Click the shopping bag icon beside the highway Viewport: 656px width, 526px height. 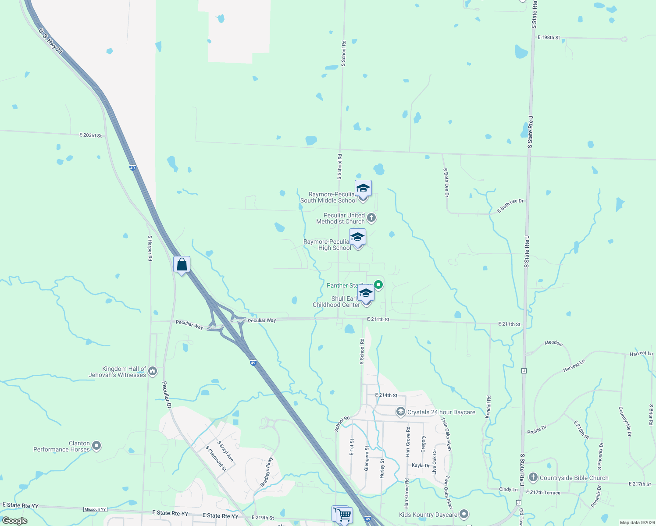pyautogui.click(x=182, y=265)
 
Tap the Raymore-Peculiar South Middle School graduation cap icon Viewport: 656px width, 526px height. pyautogui.click(x=363, y=189)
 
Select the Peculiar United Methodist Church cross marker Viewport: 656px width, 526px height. pyautogui.click(x=371, y=218)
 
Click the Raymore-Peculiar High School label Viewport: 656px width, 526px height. pyautogui.click(x=328, y=245)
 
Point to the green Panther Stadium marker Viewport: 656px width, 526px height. pyautogui.click(x=378, y=285)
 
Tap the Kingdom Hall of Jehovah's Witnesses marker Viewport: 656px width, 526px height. pyautogui.click(x=153, y=371)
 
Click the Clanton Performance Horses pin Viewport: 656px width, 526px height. pyautogui.click(x=97, y=446)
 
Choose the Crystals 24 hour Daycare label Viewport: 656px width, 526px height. pyautogui.click(x=441, y=412)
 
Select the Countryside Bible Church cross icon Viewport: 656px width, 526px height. pyautogui.click(x=533, y=477)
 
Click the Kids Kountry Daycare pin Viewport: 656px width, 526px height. pyautogui.click(x=464, y=514)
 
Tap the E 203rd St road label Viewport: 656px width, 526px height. pyautogui.click(x=90, y=135)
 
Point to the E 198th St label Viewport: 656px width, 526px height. pyautogui.click(x=549, y=38)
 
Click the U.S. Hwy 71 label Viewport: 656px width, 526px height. pyautogui.click(x=50, y=42)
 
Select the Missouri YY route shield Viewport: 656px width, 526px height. pyautogui.click(x=95, y=509)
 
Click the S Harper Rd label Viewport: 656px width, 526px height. pyautogui.click(x=150, y=248)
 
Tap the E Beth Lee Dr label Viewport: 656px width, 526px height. pyautogui.click(x=510, y=206)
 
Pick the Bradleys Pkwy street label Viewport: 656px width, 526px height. pyautogui.click(x=267, y=472)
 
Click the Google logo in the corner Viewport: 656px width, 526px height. pyautogui.click(x=15, y=520)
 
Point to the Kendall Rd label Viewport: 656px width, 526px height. pyautogui.click(x=488, y=406)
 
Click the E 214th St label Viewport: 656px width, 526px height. pyautogui.click(x=386, y=395)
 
